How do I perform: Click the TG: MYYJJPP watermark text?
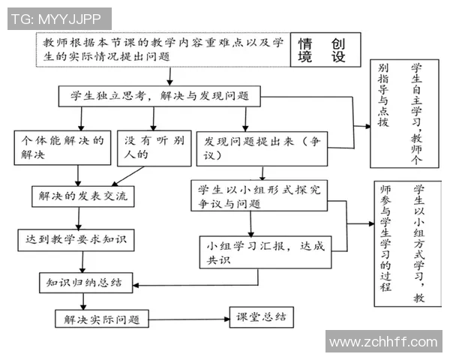(x=58, y=19)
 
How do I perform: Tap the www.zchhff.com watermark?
(x=382, y=342)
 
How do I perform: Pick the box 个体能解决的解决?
(x=61, y=148)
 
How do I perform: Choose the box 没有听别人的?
(x=154, y=148)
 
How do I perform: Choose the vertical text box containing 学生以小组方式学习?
(x=405, y=244)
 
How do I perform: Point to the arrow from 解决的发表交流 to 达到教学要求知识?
(x=79, y=218)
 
